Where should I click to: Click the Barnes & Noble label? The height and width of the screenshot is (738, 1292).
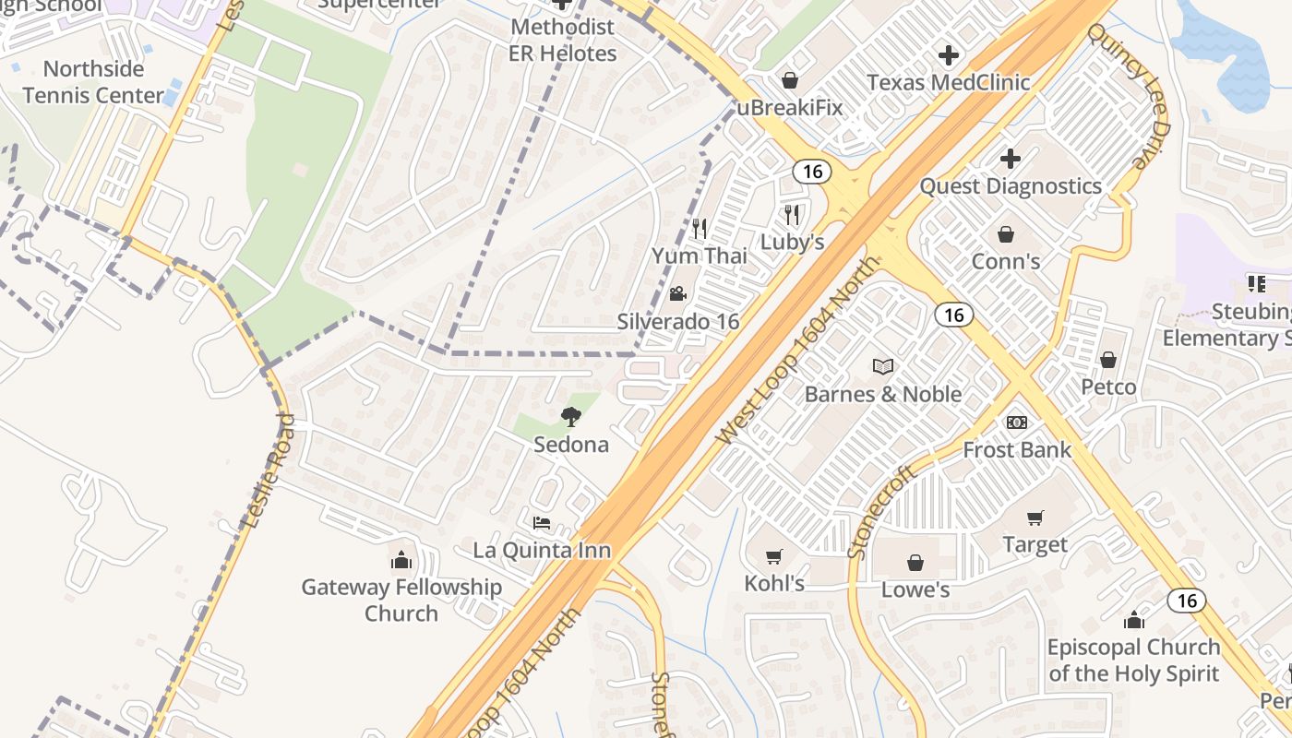[x=883, y=394]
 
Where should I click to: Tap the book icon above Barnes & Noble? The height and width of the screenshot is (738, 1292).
[x=883, y=367]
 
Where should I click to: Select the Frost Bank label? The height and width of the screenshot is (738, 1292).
[x=1017, y=449]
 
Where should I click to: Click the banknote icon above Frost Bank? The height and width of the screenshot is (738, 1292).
[x=1017, y=423]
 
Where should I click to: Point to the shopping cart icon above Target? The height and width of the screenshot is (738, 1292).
[x=1035, y=518]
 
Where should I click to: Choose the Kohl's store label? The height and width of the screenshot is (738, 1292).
[x=774, y=583]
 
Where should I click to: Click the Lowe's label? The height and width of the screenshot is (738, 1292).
[x=915, y=589]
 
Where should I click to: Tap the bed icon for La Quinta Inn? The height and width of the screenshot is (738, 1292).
[x=542, y=523]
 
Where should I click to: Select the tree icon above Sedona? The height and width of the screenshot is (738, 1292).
[x=571, y=417]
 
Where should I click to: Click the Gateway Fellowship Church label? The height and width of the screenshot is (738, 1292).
[x=401, y=600]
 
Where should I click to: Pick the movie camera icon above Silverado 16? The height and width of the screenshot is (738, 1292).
[x=677, y=294]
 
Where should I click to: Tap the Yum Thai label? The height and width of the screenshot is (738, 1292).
[x=700, y=256]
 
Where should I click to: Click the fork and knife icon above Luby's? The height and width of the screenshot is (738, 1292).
[x=791, y=215]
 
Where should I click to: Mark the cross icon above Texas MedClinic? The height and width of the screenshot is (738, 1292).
[x=948, y=55]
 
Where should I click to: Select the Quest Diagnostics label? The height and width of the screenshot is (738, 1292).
[x=1011, y=185]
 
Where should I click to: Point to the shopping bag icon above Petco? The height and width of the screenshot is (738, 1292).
[x=1108, y=360]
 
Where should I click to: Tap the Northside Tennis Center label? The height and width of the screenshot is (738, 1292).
[x=93, y=81]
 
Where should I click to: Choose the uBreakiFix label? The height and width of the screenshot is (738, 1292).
[x=790, y=107]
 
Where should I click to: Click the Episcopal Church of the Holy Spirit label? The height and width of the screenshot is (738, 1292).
[x=1133, y=660]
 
